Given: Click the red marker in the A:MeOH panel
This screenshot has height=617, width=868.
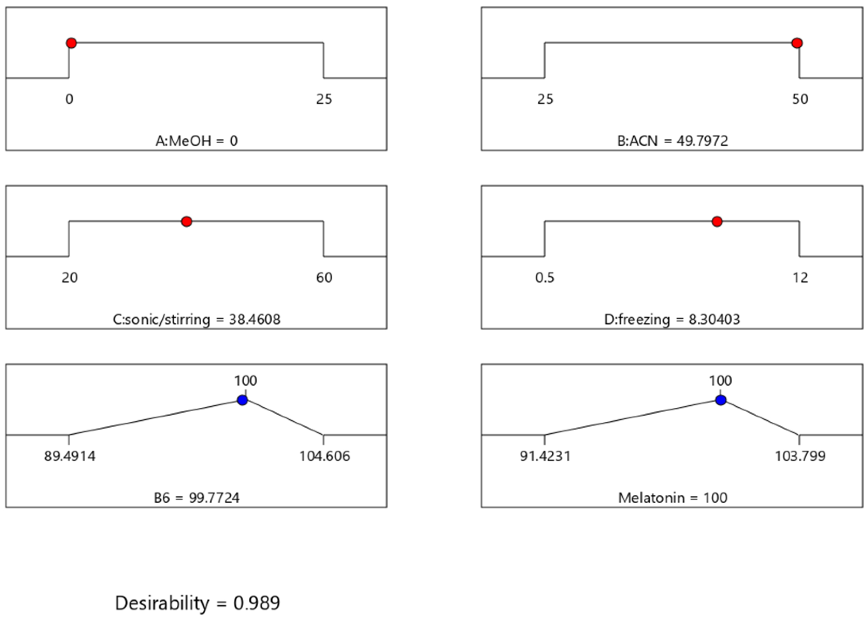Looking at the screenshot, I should click(x=71, y=43).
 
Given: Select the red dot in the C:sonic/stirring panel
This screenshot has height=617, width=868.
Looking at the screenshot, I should click(x=187, y=222).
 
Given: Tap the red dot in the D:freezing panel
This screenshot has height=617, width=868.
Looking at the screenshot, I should click(x=717, y=222).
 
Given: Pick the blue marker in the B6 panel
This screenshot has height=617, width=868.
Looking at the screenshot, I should click(x=242, y=400).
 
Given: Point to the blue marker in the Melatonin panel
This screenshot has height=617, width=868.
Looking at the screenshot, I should click(x=721, y=400).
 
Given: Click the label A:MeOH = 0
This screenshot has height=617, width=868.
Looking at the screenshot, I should click(x=196, y=141).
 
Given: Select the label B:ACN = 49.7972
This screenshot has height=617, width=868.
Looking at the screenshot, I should click(x=673, y=141).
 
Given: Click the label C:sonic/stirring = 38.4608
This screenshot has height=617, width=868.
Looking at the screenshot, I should click(x=196, y=319).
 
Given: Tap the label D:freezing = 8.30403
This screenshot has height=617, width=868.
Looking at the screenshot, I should click(x=672, y=319).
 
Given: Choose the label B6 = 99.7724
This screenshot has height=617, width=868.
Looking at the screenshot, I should click(x=196, y=498).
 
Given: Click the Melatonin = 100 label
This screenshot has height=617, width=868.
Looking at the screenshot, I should click(x=673, y=498).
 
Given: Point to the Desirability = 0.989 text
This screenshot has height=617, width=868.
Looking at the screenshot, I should click(x=198, y=603).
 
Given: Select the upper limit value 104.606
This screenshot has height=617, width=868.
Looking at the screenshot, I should click(x=324, y=456).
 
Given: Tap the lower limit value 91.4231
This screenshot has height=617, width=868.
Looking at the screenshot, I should click(x=545, y=456).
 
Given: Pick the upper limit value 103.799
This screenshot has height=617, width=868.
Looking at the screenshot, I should click(x=800, y=456).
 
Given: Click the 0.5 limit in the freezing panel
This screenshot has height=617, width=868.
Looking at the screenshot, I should click(x=545, y=278).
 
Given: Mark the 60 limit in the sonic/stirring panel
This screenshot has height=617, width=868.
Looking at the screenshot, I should click(x=324, y=278).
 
